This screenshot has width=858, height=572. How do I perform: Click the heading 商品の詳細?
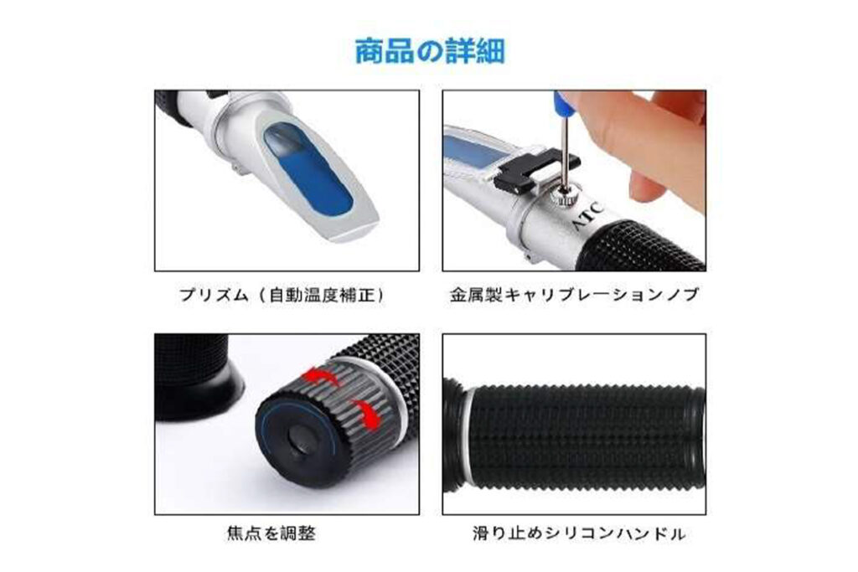[x=430, y=51]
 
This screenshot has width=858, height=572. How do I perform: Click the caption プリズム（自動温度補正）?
[x=283, y=296]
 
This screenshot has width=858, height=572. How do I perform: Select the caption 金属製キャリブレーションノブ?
[x=575, y=296]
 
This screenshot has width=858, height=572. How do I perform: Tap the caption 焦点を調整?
[x=271, y=533]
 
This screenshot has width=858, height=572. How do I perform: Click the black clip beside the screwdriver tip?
[x=535, y=170]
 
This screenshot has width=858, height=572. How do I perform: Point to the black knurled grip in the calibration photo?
[x=640, y=246]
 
